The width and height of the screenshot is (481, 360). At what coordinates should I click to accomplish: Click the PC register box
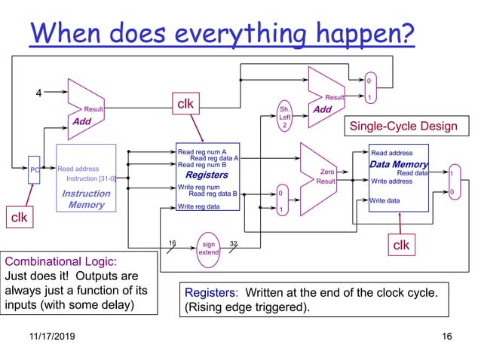34,169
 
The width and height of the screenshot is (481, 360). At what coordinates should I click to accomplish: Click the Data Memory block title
398,164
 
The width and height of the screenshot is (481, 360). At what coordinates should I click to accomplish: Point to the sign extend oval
208,248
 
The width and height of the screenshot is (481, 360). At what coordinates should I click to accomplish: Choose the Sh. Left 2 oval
284,117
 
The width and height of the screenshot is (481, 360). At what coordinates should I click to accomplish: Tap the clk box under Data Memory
402,246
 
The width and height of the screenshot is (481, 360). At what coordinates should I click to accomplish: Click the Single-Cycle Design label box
400,127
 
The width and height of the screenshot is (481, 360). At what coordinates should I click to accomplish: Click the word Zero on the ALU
327,172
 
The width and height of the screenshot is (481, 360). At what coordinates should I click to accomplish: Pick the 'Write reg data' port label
199,206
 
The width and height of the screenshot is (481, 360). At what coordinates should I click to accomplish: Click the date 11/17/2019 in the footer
45,335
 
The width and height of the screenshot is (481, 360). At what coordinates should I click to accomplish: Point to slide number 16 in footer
446,335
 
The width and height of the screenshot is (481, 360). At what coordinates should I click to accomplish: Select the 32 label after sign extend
234,243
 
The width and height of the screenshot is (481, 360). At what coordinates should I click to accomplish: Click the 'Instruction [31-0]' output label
91,178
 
